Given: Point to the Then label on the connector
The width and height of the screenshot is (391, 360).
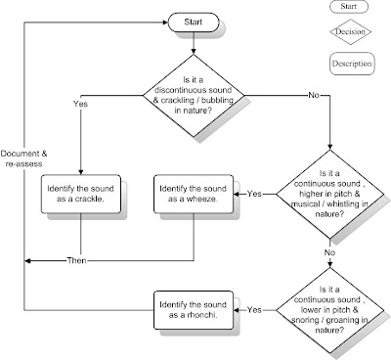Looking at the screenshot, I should (77, 260).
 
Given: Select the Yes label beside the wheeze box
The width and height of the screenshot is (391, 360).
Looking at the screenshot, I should (254, 195).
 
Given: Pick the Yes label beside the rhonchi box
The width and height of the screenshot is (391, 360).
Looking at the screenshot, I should (254, 309).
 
